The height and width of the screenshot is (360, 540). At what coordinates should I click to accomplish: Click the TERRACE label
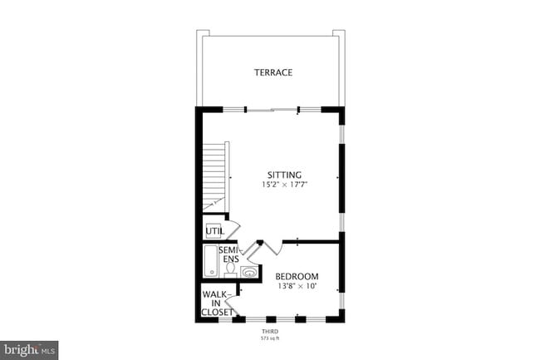click(272, 72)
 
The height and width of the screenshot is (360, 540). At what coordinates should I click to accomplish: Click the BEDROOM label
click(297, 276)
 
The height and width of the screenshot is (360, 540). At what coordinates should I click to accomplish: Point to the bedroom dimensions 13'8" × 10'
click(297, 287)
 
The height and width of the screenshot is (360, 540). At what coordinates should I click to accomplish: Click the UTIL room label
click(214, 231)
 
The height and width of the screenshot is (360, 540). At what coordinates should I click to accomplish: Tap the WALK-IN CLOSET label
click(218, 303)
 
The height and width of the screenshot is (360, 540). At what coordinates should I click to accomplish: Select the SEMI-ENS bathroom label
click(229, 254)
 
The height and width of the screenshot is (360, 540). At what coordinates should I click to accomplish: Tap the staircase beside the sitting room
click(216, 176)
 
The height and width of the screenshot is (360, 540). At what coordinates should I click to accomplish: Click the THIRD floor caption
click(271, 332)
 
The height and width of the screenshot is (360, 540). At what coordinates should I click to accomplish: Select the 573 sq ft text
click(271, 339)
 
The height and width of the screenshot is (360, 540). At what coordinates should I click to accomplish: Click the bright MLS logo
click(29, 350)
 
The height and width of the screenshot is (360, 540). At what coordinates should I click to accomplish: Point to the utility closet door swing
click(233, 229)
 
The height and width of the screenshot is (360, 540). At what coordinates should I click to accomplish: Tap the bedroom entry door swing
click(271, 249)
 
